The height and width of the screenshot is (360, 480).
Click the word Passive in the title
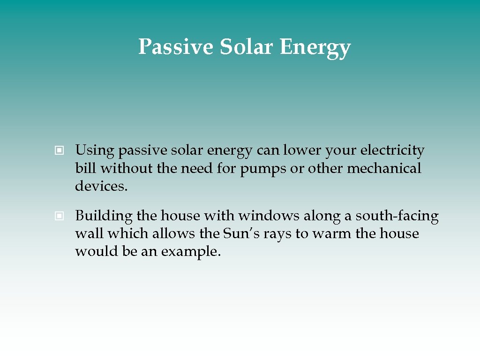pos(175,47)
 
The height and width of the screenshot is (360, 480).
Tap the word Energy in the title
pos(315,48)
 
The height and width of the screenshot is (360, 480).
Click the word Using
pos(95,151)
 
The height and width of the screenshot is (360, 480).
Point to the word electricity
pos(392,151)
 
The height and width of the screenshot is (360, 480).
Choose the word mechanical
pos(384,168)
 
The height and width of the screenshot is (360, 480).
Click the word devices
pos(101,186)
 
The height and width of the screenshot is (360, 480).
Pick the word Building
pos(104,216)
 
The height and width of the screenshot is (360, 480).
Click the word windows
pos(269,216)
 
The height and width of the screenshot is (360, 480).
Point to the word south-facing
pos(397,216)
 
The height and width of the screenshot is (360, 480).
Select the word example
pos(191,252)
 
